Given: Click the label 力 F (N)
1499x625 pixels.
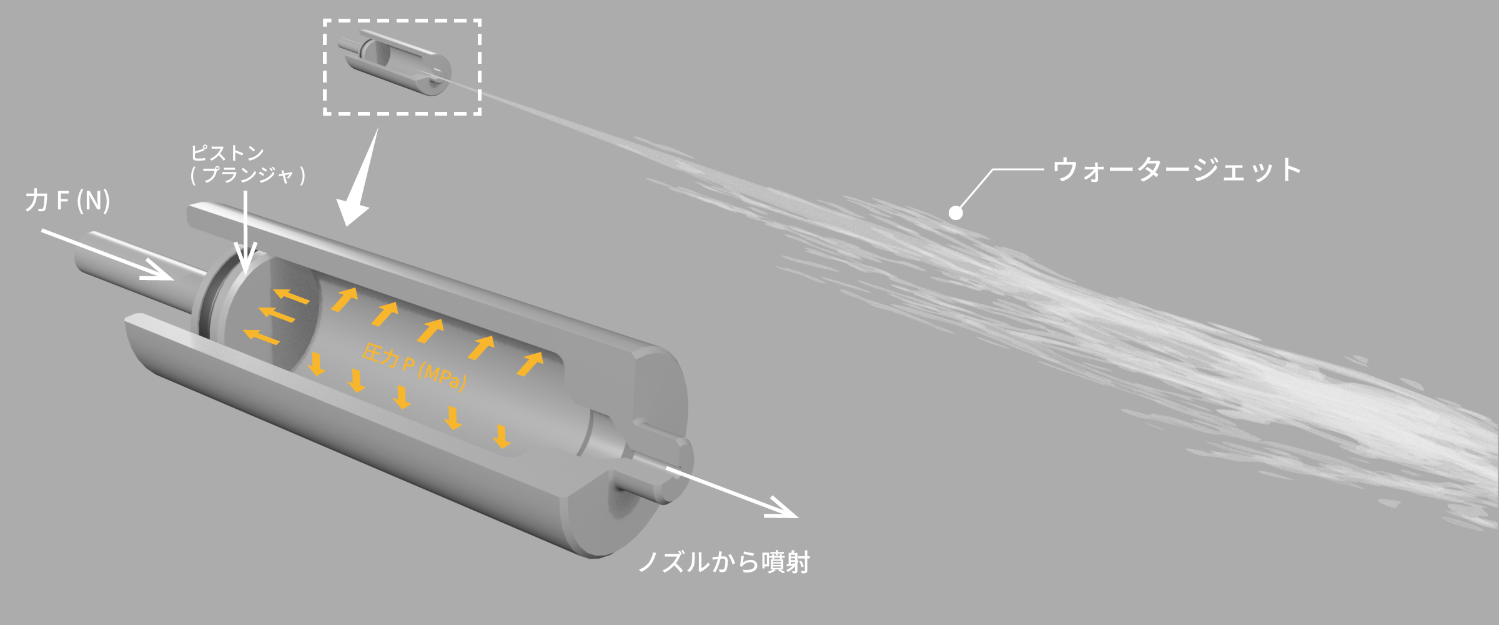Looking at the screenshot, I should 67,201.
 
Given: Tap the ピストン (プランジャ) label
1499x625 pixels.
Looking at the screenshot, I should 247,164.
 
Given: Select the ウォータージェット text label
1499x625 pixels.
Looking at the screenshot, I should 1177,170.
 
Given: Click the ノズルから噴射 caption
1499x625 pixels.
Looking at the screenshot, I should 724,562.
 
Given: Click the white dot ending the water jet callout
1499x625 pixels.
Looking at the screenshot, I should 956,213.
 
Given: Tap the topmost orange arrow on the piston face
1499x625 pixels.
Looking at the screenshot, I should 291,296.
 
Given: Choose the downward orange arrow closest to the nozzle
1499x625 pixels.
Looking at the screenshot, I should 501,436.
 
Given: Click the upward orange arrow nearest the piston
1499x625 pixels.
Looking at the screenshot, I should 344,299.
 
